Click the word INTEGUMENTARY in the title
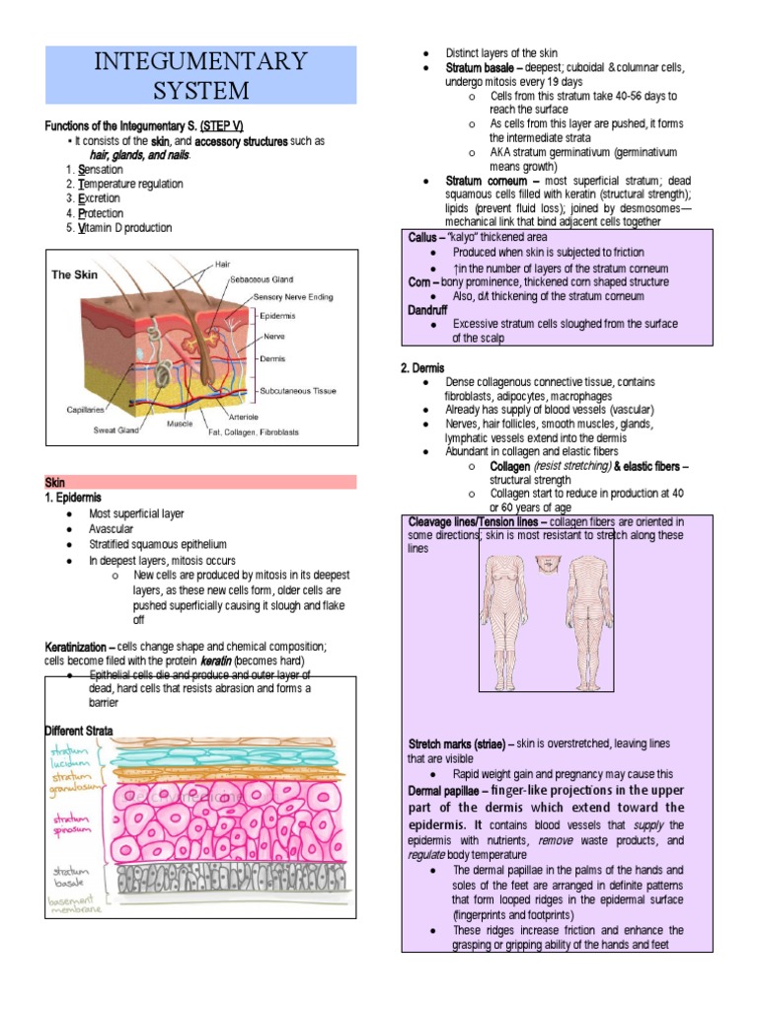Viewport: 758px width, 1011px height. [201, 61]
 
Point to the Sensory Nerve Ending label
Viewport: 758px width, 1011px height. [293, 296]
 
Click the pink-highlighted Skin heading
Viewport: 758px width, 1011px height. [55, 482]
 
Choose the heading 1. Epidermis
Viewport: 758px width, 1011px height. [74, 498]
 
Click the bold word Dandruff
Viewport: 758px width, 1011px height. [427, 310]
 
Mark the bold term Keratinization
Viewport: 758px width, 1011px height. [80, 646]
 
